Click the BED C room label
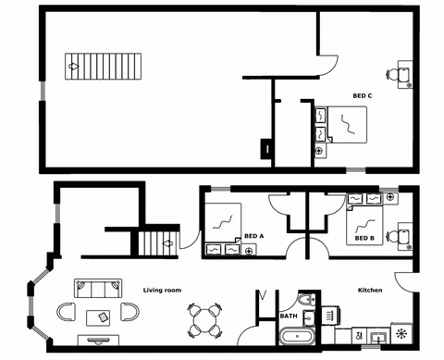[363, 95]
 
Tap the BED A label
[254, 236]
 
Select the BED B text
[364, 239]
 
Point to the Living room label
[162, 291]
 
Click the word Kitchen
[370, 291]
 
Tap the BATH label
[288, 317]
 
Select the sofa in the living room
[96, 287]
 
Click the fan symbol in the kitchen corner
[401, 333]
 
